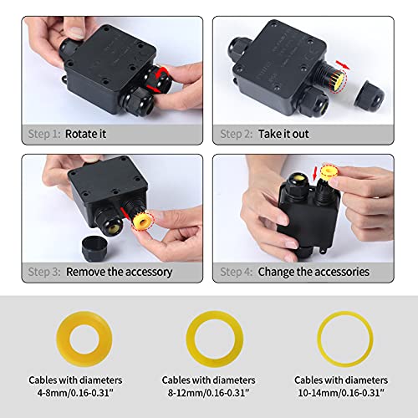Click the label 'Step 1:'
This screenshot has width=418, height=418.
tap(43, 133)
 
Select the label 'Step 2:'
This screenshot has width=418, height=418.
tap(236, 133)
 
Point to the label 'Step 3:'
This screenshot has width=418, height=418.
tap(43, 271)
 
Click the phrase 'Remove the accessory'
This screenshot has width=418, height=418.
tap(120, 271)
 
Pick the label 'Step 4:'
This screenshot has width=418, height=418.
tap(236, 271)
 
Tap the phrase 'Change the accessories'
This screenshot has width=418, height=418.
tap(313, 271)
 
